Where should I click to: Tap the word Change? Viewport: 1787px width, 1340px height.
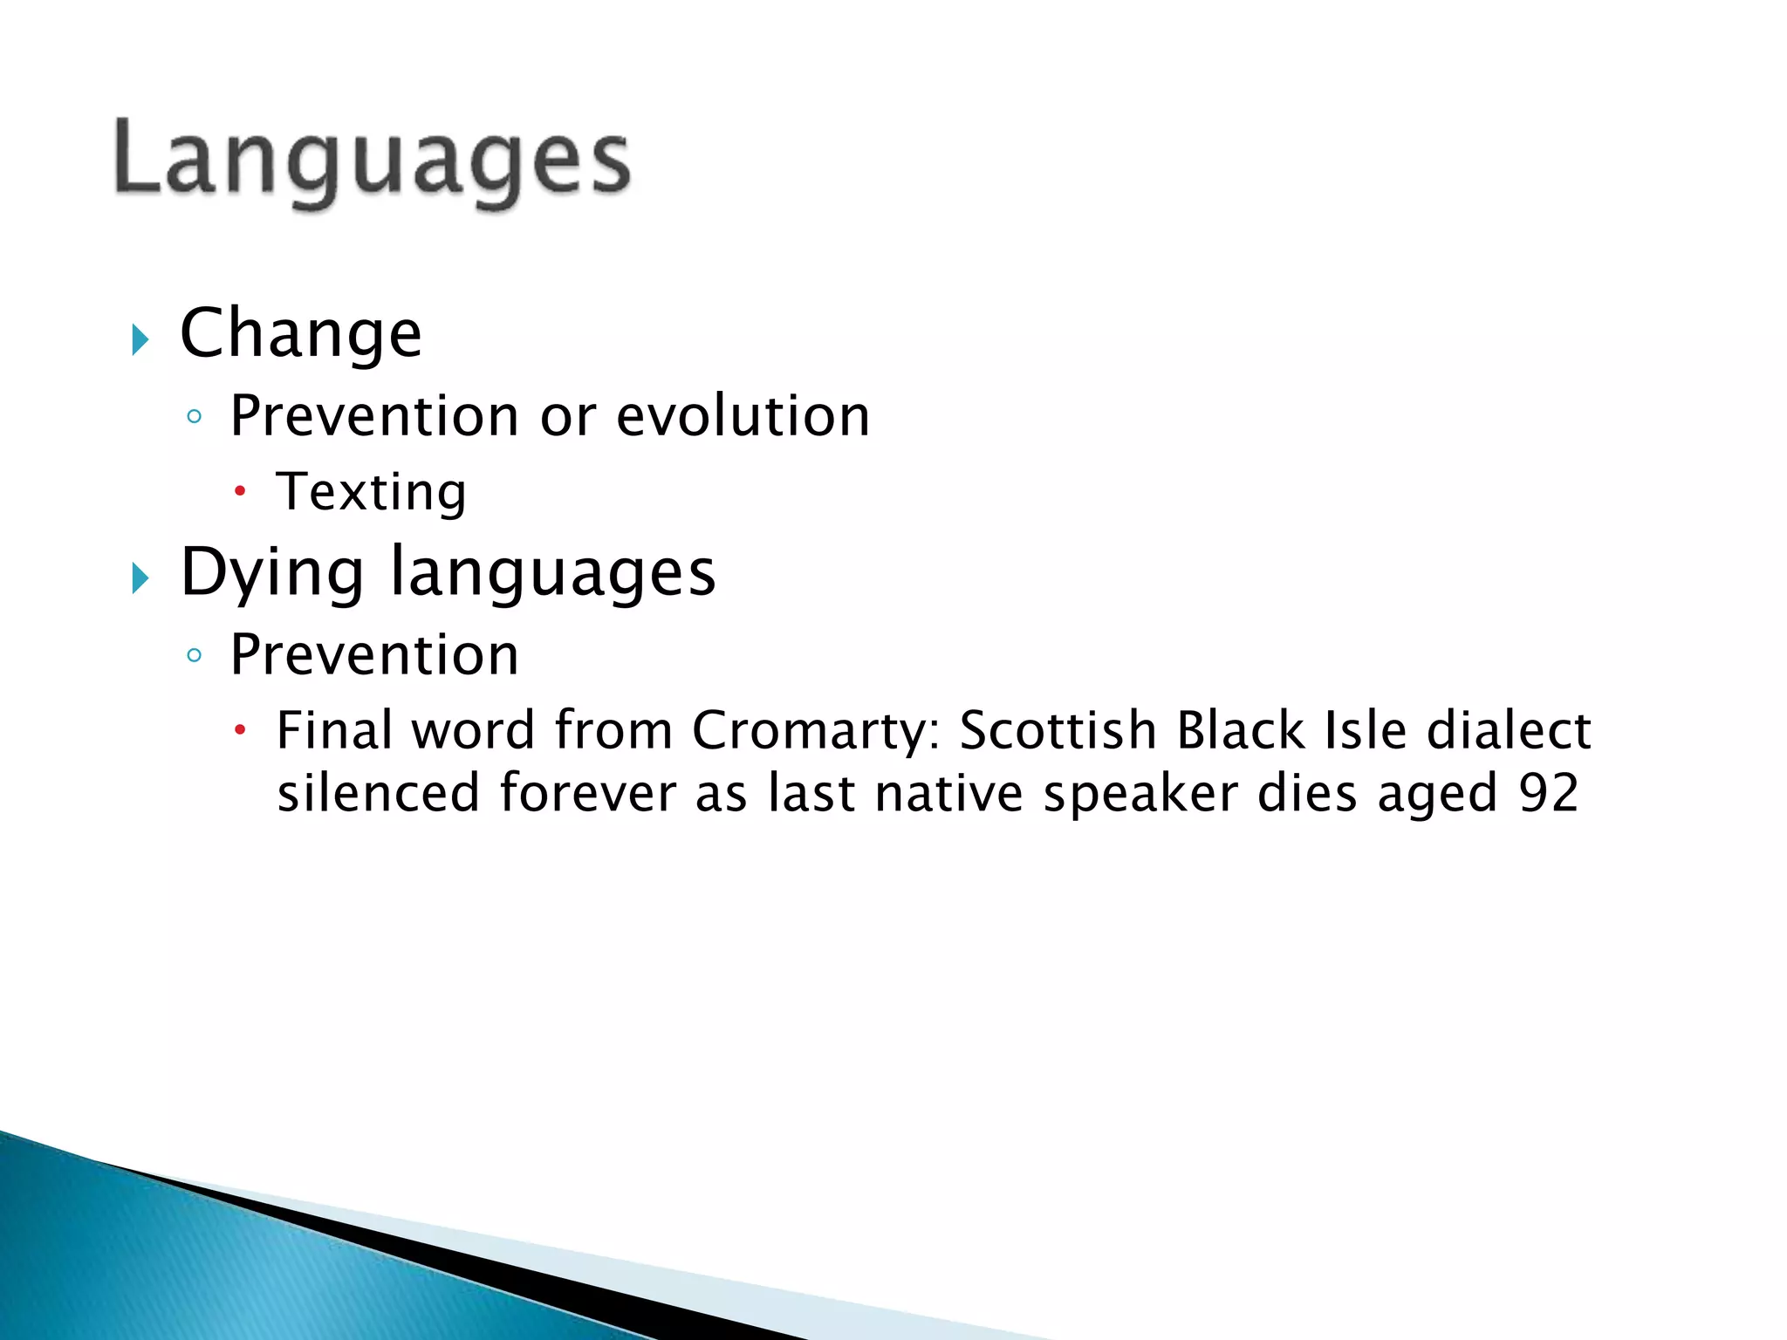301,334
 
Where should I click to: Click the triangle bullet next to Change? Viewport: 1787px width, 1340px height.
140,339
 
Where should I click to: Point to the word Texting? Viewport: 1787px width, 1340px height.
372,492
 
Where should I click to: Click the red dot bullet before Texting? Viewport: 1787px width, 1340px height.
240,492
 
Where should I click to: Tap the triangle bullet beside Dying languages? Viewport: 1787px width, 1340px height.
140,578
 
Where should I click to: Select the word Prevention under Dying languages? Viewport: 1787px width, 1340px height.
374,654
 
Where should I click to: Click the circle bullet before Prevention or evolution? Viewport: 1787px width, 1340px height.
195,417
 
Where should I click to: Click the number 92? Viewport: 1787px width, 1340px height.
1549,793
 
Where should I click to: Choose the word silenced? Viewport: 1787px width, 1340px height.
379,793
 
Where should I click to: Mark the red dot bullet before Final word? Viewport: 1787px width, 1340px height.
240,729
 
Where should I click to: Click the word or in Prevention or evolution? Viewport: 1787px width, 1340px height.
568,417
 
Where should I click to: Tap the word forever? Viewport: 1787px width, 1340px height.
588,793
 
